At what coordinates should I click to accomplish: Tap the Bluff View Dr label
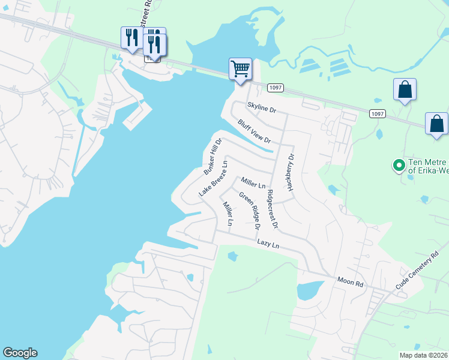click(x=255, y=131)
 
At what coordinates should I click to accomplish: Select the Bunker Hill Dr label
click(x=212, y=156)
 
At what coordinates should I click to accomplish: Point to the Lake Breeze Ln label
click(x=213, y=178)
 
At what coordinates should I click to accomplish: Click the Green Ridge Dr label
click(x=249, y=211)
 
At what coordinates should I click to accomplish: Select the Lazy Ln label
click(x=268, y=244)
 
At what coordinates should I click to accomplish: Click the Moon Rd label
click(x=351, y=280)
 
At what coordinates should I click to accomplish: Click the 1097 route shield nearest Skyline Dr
click(x=276, y=88)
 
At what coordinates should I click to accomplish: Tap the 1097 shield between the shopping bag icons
click(x=378, y=114)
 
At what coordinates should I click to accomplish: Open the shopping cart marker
click(x=240, y=69)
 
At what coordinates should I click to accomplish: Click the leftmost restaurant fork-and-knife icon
click(x=131, y=38)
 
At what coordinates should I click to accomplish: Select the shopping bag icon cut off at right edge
click(x=436, y=124)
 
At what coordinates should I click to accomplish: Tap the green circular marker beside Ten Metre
click(x=397, y=164)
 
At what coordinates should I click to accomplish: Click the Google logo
click(x=20, y=353)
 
